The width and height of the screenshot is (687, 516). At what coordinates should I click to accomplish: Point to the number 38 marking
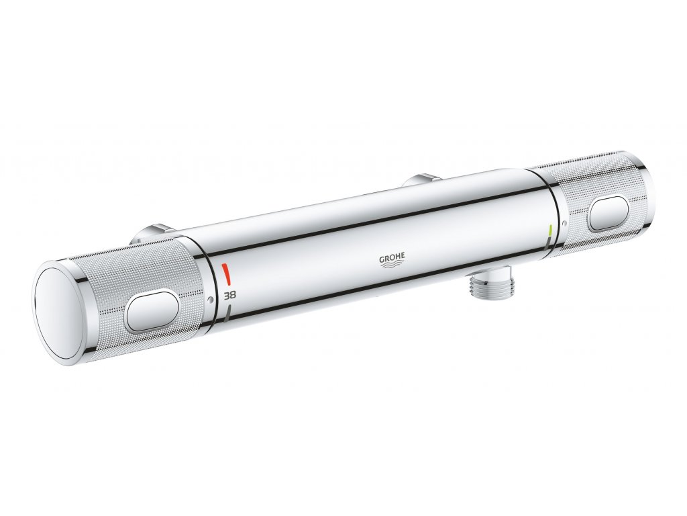click(230, 294)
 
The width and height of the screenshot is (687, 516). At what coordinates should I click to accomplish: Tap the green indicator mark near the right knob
click(551, 230)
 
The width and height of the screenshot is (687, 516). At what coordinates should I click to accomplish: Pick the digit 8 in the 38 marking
click(233, 294)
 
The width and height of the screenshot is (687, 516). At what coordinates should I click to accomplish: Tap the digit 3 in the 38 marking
click(227, 295)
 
